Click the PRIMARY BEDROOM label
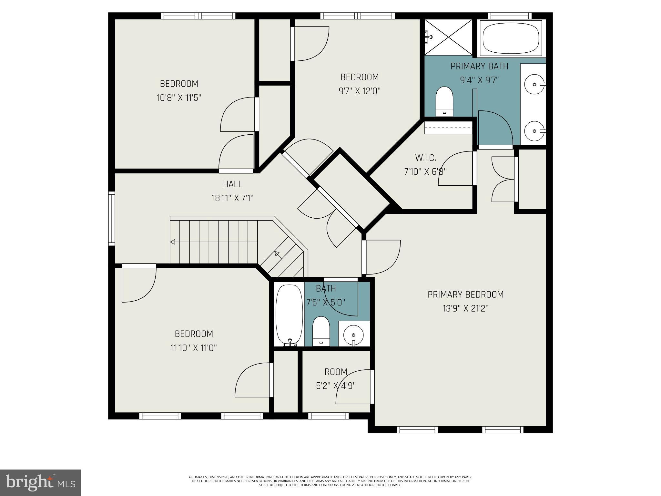465,294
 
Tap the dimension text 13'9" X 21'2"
465,309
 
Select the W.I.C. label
425,158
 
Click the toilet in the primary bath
444,101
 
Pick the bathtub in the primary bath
511,38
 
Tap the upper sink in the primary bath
534,84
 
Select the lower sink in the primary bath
534,131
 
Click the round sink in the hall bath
353,335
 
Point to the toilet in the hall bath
321,331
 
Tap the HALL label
232,184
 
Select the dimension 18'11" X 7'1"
232,198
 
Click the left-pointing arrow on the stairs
173,242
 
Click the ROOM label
336,372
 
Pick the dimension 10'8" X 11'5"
179,98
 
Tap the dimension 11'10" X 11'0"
194,348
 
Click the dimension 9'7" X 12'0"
359,91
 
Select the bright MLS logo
40,483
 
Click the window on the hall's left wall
112,218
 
